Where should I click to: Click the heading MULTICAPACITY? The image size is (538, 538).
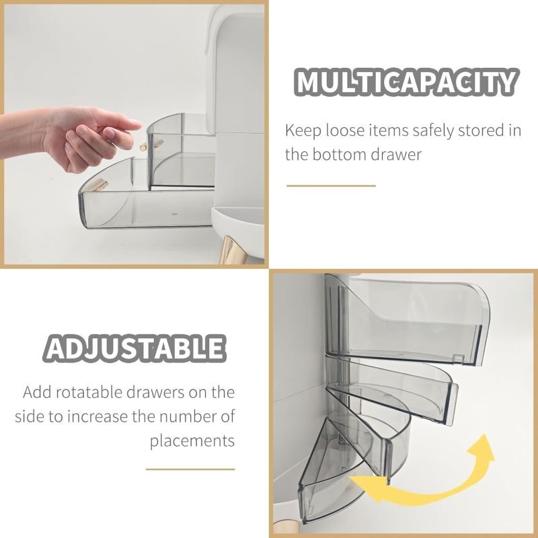(x=406, y=82)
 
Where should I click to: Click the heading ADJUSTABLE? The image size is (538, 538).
(x=134, y=348)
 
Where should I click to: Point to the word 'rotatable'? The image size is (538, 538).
(x=89, y=392)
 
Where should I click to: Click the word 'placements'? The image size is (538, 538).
(x=192, y=441)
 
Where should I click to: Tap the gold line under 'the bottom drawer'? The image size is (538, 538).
(x=331, y=186)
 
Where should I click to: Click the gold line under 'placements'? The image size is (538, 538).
(x=190, y=469)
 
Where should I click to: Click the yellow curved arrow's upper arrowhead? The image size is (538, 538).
(x=482, y=448)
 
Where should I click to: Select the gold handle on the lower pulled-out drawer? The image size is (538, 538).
(x=98, y=186)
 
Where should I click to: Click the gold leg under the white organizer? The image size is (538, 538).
(x=228, y=249)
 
